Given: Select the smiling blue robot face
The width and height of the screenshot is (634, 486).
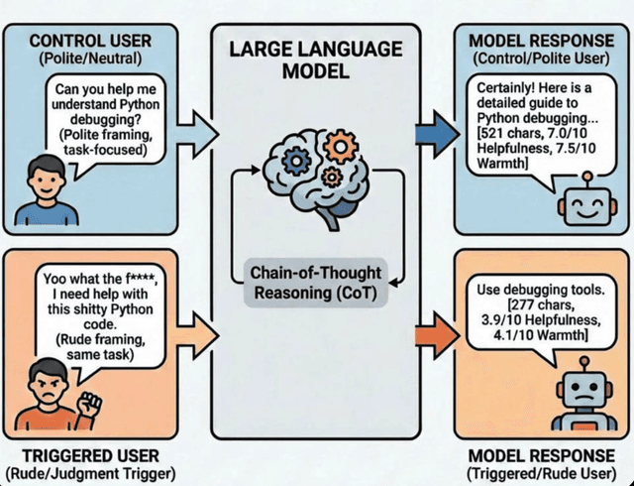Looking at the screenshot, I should click(x=579, y=206).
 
